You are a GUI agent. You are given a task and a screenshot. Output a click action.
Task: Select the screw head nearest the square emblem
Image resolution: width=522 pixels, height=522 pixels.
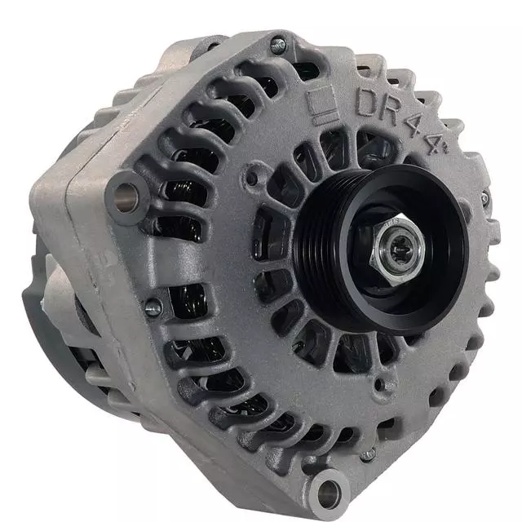coord(278,45)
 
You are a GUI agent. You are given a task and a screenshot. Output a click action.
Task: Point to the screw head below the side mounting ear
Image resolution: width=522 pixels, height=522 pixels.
coord(151,308)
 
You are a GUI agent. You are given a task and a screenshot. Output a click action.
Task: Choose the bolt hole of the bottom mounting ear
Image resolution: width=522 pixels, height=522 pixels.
coord(330,490)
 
